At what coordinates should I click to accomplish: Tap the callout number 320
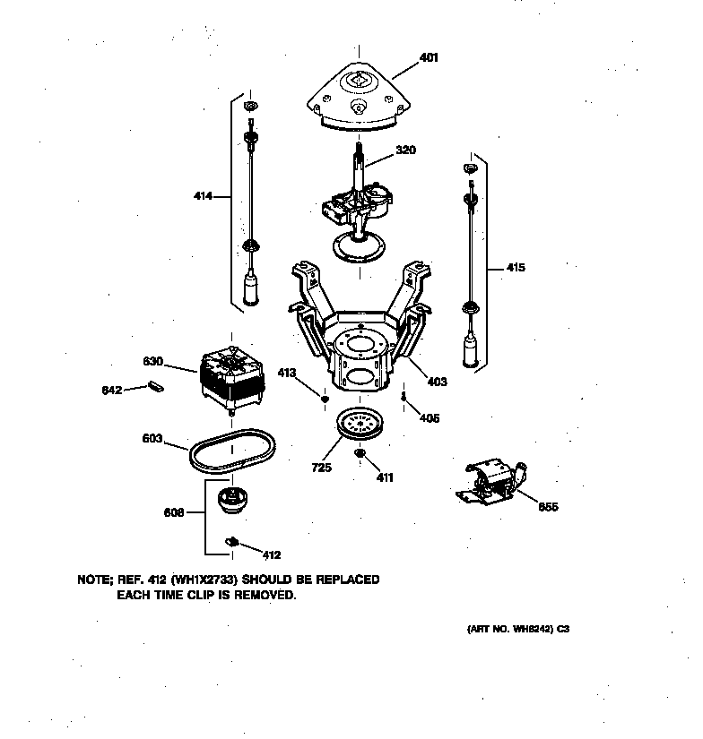(x=406, y=150)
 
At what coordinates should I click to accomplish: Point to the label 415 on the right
(x=516, y=267)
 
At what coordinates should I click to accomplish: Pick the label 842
(x=112, y=390)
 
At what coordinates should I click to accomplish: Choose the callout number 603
(x=152, y=439)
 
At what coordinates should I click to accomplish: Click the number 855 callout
(x=548, y=507)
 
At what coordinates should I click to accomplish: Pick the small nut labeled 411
(x=359, y=454)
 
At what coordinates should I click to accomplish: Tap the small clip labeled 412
(x=233, y=542)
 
